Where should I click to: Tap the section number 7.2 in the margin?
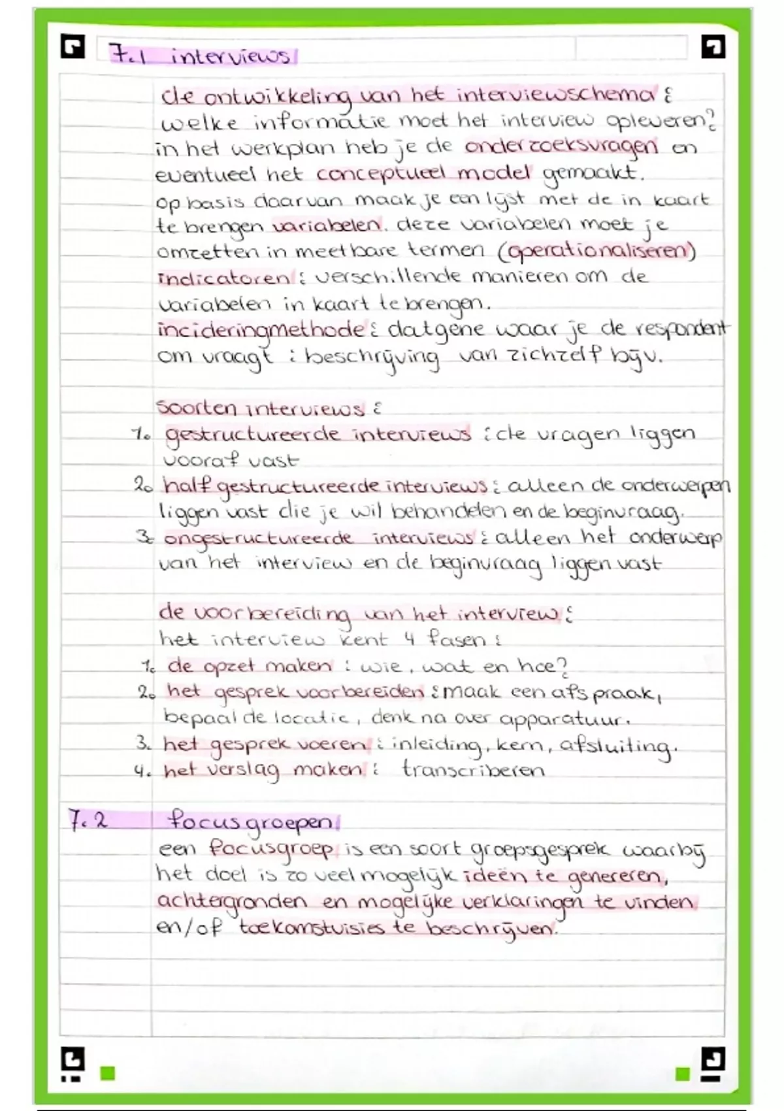tap(88, 820)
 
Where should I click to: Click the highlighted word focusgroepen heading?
tap(250, 821)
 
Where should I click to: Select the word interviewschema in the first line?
tap(555, 95)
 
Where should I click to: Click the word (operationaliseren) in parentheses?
tap(601, 251)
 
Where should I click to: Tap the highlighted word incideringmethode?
tap(260, 329)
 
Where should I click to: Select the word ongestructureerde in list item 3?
tap(258, 539)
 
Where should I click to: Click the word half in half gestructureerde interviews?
tap(188, 486)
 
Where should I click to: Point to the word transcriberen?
tap(473, 770)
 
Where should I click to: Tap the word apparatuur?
tap(563, 719)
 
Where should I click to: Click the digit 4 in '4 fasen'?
tap(410, 638)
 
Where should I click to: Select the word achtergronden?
tap(232, 902)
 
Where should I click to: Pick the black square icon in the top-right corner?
tap(712, 46)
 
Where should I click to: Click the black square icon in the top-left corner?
tap(73, 46)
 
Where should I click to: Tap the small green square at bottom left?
tap(108, 1073)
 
